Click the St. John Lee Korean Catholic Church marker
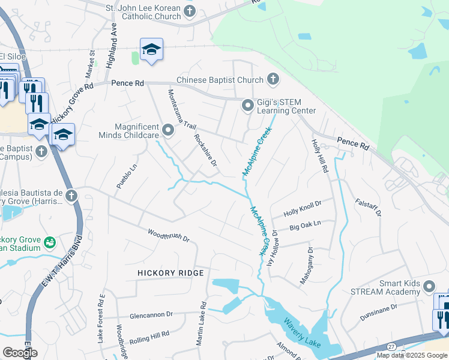pos(190,11)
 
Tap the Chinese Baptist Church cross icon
pos(273,79)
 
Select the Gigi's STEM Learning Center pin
pos(247,106)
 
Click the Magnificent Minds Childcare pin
pos(168,129)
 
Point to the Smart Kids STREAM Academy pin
pos(429,286)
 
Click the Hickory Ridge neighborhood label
pos(170,273)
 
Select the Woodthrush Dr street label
pos(168,235)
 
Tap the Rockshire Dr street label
pos(205,151)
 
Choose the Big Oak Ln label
pos(306,226)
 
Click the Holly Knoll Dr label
pos(303,208)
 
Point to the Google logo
pos(20,353)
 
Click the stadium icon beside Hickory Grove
pos(50,242)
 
